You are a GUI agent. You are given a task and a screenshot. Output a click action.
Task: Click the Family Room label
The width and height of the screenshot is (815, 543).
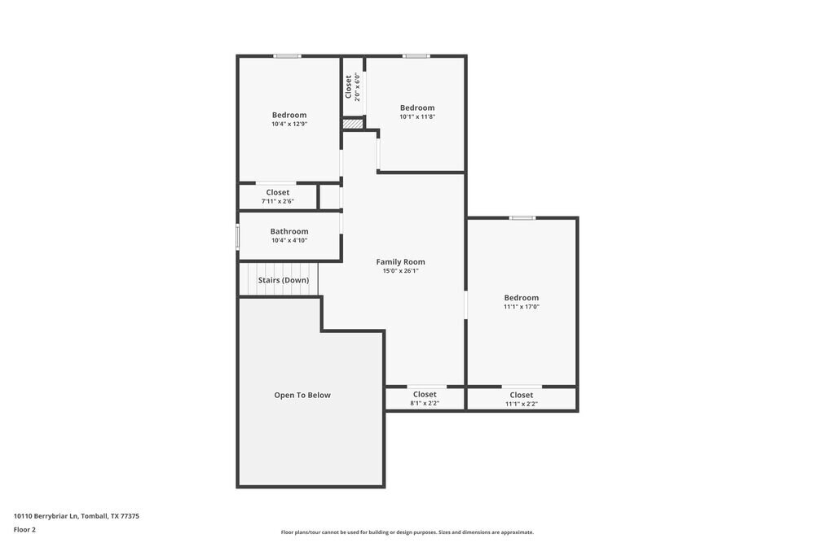[400, 262]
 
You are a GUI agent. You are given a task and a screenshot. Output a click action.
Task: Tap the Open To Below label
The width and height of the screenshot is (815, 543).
[302, 395]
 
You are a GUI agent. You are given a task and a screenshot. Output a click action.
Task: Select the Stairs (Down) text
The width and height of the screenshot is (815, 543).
[284, 280]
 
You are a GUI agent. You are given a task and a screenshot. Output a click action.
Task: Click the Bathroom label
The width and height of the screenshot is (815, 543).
[289, 231]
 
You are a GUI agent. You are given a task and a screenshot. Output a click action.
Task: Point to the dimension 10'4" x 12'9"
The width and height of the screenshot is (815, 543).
[289, 125]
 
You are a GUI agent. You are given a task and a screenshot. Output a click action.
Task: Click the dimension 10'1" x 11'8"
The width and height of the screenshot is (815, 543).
[417, 117]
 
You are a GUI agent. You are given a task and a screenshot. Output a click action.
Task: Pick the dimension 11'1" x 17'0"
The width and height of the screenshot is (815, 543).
[522, 307]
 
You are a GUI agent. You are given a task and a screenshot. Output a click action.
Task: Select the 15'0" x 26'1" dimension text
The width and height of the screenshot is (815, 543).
[400, 271]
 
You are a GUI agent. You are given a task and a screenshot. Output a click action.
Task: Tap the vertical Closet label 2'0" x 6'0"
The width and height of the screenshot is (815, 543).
[352, 87]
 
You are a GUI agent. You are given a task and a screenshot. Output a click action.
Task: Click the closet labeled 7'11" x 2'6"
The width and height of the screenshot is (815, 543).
[277, 197]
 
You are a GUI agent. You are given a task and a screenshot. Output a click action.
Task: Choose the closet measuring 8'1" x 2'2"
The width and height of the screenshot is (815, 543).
[425, 399]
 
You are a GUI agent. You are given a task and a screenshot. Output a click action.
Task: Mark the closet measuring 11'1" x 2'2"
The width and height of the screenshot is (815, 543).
[522, 399]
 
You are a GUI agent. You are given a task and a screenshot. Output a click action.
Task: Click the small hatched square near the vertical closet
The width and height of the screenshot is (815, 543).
[352, 124]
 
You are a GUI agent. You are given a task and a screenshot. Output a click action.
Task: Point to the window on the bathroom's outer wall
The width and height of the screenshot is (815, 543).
[238, 236]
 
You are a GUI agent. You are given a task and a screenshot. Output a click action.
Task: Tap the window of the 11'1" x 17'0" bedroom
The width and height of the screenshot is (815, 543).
[522, 218]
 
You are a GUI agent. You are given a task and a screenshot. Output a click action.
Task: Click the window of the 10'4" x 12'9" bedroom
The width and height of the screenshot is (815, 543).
[287, 56]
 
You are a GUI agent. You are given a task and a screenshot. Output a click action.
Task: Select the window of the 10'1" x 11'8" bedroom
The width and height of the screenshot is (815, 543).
[416, 56]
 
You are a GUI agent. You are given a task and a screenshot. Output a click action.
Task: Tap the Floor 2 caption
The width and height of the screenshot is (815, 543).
[24, 529]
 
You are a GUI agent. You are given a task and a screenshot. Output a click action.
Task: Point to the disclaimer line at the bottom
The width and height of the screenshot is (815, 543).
[407, 532]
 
